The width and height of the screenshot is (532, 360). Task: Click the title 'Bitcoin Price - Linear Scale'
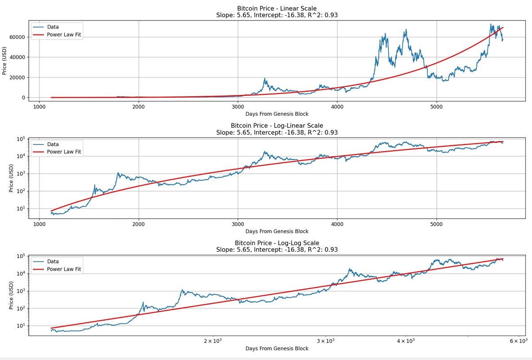[277, 8]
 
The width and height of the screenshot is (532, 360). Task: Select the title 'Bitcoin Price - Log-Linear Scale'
[277, 125]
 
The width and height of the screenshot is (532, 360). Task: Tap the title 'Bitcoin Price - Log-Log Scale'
[277, 243]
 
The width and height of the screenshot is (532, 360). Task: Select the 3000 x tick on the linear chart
[238, 106]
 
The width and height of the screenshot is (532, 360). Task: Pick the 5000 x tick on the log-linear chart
[437, 223]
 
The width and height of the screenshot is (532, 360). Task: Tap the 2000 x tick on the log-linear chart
[139, 223]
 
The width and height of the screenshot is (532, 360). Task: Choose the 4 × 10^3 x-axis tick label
[405, 341]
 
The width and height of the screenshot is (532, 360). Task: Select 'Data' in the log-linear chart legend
[53, 144]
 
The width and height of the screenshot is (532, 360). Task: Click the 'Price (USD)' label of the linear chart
[5, 61]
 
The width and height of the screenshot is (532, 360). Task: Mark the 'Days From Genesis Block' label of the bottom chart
[277, 348]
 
